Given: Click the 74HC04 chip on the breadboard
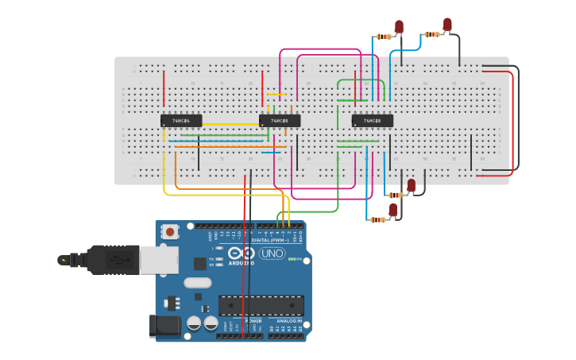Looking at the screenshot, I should [181, 121].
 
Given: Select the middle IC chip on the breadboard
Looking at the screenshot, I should [280, 121].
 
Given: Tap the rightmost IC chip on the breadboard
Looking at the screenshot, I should [373, 121].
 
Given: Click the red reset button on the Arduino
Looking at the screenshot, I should [170, 232].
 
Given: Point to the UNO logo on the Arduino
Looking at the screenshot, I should [272, 254].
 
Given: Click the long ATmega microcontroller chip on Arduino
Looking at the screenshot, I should [261, 305].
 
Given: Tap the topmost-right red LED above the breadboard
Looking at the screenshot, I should [447, 25].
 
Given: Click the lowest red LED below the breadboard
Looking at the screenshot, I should [392, 210].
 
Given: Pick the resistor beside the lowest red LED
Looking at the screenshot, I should [377, 219].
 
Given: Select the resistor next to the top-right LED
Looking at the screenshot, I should [431, 34].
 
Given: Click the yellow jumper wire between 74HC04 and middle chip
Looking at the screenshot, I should [230, 124].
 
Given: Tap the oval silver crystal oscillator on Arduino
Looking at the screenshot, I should [198, 282].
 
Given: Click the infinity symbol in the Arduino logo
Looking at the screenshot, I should [241, 254].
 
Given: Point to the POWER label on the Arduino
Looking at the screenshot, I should [242, 320].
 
